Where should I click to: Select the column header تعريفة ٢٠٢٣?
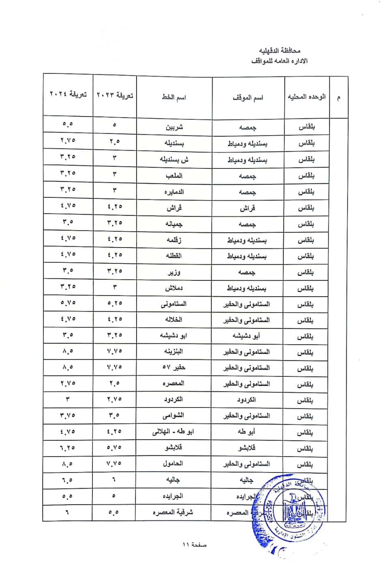115,95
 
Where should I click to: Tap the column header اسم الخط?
174,97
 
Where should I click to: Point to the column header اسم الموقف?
248,98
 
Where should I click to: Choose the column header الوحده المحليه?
307,97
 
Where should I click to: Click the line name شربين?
174,127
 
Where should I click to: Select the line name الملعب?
174,176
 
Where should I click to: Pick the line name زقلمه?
174,240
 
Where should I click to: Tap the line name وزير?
174,272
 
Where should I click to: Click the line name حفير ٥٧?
174,368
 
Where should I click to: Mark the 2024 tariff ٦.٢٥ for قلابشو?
68,447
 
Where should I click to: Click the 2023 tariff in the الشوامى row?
115,416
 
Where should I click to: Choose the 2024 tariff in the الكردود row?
68,399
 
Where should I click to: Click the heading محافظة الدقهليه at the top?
280,51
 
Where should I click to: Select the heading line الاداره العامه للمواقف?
279,61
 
